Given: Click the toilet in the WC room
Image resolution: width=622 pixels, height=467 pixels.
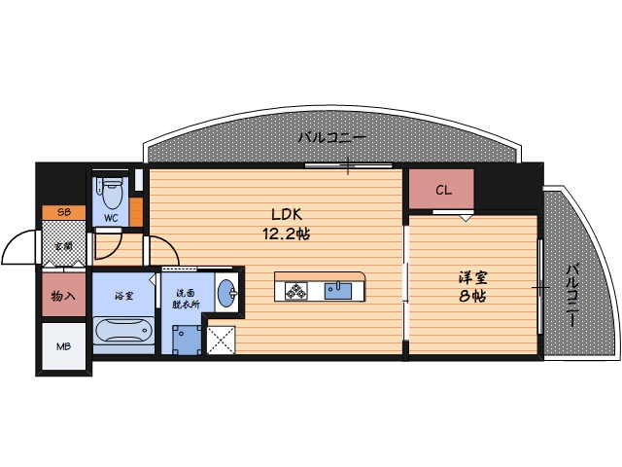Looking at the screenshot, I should pos(111,187).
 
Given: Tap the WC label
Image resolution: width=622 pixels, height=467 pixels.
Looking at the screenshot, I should pos(111,218).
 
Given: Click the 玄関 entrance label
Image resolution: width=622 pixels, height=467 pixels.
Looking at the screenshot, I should pos(63,245).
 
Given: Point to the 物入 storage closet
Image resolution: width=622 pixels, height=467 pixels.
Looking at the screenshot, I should pos(63,296).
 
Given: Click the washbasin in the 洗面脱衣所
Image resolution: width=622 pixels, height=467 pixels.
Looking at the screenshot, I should pos(225,293).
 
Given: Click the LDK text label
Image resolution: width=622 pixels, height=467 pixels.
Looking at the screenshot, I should pos(285,216).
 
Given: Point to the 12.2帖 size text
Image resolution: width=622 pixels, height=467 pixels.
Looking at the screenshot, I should pos(285,234).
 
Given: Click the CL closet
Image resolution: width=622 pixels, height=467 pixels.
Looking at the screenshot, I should pos(441,190).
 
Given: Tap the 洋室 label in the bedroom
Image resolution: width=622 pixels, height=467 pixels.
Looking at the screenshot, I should pos(473,277).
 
